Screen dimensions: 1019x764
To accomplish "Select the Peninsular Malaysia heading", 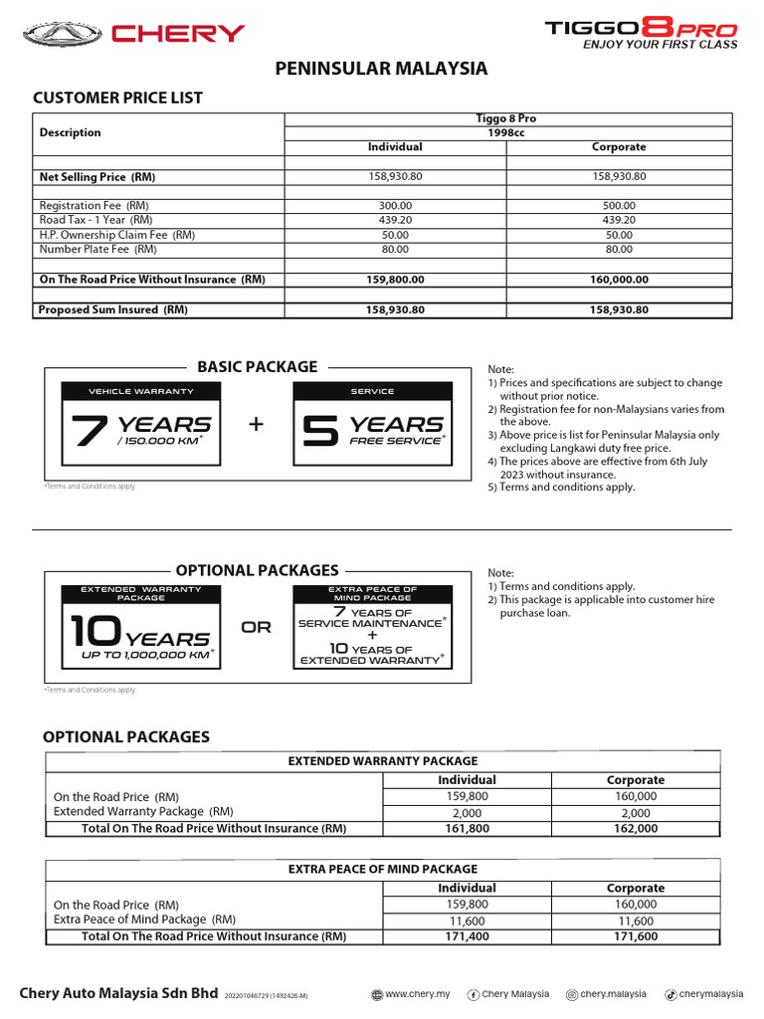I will tap(381, 69).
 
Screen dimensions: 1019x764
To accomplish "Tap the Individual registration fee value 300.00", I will tap(396, 205).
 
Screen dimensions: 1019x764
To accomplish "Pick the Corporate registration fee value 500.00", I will tap(618, 205).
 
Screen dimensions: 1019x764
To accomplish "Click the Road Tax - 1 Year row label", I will tap(95, 220).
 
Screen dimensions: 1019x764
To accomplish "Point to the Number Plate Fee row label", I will tap(97, 250).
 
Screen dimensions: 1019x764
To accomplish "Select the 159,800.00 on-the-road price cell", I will tap(396, 280).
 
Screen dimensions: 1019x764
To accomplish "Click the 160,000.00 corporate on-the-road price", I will tap(618, 280).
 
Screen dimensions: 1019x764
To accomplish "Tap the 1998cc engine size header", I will tap(506, 132).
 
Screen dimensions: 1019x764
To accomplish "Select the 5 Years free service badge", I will tap(372, 423).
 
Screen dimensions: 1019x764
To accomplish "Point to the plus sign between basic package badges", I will tap(257, 425).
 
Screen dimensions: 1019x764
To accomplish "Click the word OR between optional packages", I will tap(256, 628).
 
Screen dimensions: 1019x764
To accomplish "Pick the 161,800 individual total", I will tap(467, 828).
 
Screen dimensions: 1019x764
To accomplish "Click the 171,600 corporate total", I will tap(635, 936).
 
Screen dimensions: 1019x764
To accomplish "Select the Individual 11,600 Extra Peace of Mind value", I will tap(467, 920).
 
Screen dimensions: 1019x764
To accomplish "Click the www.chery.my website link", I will tap(410, 994).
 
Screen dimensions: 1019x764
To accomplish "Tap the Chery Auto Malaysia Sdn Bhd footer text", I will tap(118, 992).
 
